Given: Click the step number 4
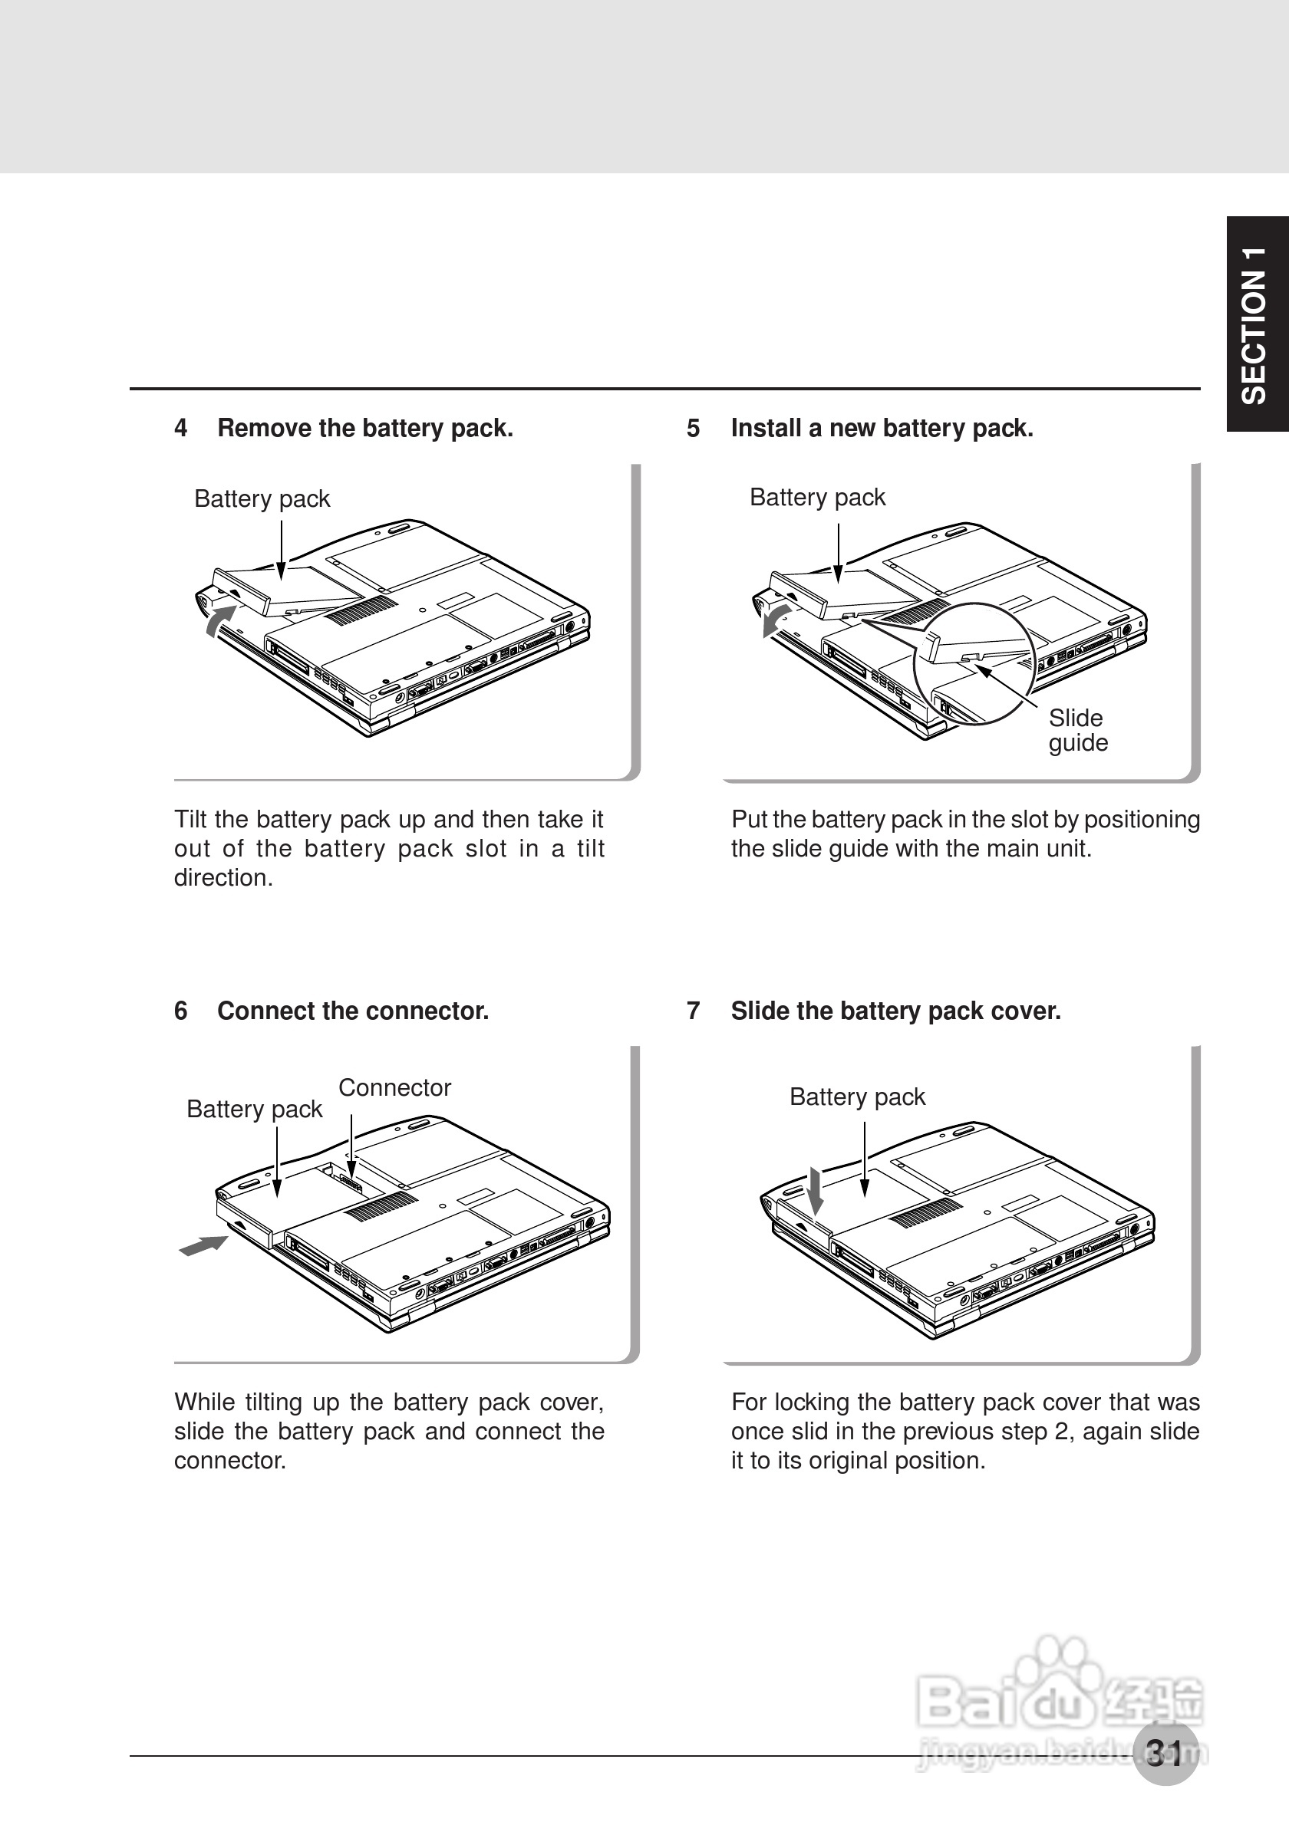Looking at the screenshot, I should point(181,429).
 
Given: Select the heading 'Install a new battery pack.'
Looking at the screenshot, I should point(882,429).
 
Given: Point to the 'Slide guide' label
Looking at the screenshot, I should point(1077,731).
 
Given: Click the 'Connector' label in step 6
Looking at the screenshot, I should point(394,1087).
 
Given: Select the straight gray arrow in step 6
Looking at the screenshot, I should point(203,1245).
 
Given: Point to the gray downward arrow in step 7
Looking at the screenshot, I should point(815,1190).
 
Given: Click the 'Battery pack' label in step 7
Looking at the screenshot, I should point(857,1097).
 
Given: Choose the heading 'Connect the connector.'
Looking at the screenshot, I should point(353,1011).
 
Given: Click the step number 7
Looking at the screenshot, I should point(694,1011).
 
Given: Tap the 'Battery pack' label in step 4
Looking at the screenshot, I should point(262,499).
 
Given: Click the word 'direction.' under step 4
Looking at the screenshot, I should point(223,878).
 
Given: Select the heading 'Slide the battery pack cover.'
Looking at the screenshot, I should point(896,1011).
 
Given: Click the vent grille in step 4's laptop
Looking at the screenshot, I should point(362,610).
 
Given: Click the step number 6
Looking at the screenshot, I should point(181,1011).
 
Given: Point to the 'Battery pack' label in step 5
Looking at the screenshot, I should point(816,498).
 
